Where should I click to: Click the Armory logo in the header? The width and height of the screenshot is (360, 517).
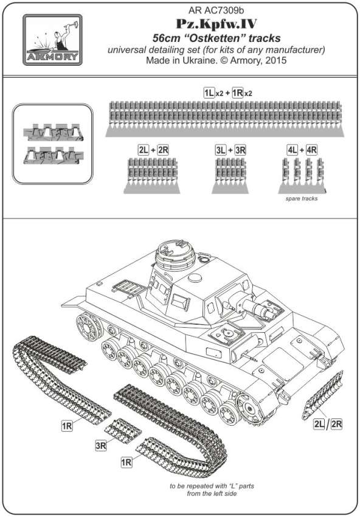(x=52, y=40)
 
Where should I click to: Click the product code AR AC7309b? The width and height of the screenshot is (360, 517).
(x=216, y=10)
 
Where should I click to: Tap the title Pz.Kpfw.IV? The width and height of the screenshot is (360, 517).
(x=216, y=24)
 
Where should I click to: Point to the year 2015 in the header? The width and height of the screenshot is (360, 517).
(x=275, y=60)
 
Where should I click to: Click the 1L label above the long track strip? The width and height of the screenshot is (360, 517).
(x=209, y=92)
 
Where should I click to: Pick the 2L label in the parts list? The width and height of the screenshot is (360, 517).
(x=144, y=150)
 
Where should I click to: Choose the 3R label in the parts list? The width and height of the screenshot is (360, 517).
(x=240, y=150)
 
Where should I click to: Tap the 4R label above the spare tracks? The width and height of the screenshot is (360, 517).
(x=311, y=150)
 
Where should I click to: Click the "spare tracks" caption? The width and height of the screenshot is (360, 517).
(x=302, y=198)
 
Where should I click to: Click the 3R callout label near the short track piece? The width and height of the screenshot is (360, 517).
(x=101, y=446)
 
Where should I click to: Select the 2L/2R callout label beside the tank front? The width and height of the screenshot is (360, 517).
(x=328, y=424)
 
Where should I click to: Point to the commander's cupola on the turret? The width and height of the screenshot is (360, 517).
(x=175, y=255)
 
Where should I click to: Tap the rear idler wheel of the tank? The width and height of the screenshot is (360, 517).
(x=88, y=327)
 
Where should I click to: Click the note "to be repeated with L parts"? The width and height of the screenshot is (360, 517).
(x=212, y=486)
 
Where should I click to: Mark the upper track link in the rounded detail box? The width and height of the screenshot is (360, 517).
(x=53, y=133)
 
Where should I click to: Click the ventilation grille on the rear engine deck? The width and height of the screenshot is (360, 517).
(x=130, y=288)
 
